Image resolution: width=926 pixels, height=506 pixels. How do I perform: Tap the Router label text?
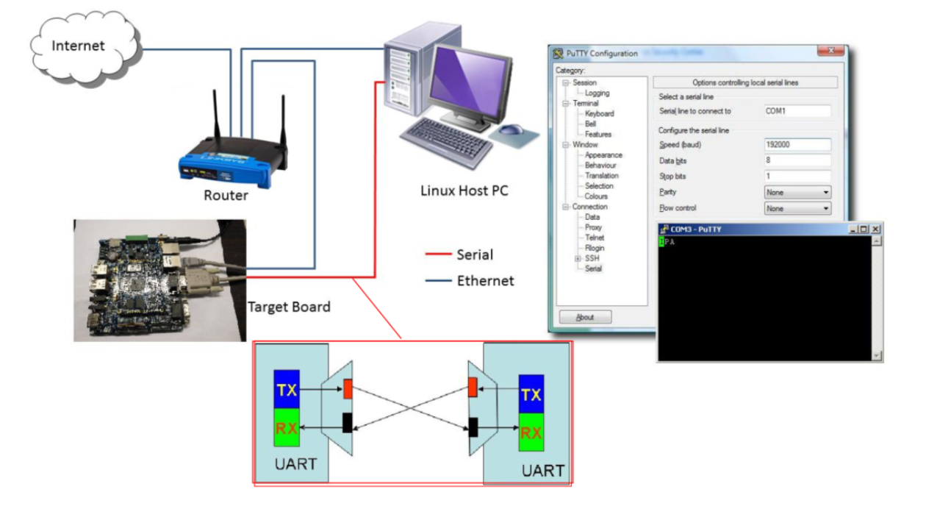[226, 196]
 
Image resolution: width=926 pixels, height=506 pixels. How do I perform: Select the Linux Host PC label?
[464, 190]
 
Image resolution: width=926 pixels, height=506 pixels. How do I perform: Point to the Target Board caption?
[289, 307]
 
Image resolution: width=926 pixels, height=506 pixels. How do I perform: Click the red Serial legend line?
[439, 255]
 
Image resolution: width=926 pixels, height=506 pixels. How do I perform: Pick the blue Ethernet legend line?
[439, 280]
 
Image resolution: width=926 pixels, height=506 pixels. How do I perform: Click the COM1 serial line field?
[797, 111]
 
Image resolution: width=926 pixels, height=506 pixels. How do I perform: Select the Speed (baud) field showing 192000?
[797, 145]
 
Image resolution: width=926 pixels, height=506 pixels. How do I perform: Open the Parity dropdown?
[797, 193]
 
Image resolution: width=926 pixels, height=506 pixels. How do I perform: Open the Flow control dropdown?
[797, 209]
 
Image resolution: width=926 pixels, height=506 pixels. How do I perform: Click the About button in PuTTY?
[585, 318]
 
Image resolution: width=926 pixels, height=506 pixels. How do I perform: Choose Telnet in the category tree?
[595, 238]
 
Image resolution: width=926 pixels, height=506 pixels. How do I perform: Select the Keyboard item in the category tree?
[599, 114]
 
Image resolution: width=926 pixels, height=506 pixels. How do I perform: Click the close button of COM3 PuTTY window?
[875, 229]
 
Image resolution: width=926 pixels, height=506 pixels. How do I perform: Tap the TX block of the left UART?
[287, 390]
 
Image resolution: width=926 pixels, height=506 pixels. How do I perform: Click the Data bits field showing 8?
[797, 160]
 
